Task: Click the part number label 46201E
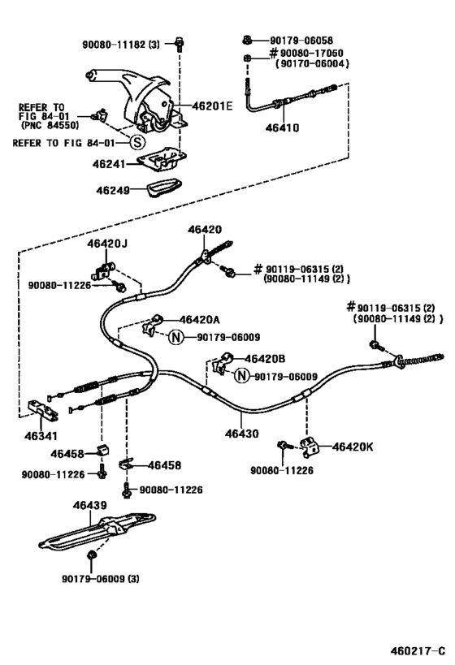[x=212, y=106]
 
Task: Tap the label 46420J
[x=108, y=243]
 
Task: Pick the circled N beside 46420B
[x=240, y=375]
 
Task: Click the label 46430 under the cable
[x=242, y=434]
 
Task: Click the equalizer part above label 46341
[x=43, y=410]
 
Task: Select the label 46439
[x=89, y=505]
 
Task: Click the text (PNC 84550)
[x=48, y=125]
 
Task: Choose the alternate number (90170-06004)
[x=312, y=63]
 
